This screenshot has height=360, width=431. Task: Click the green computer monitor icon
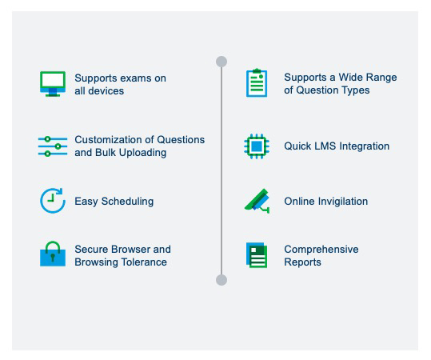[53, 84]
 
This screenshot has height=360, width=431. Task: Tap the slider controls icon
[53, 146]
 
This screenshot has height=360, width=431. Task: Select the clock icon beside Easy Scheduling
[53, 201]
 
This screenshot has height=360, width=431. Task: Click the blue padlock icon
[53, 254]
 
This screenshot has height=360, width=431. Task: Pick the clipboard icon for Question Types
[257, 82]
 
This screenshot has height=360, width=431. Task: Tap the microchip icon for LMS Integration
[257, 146]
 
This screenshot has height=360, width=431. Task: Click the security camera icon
[257, 201]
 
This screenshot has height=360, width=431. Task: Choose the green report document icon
[257, 255]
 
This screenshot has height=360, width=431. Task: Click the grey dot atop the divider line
[221, 62]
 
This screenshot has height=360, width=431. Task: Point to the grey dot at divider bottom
[221, 280]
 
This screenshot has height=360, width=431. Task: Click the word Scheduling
[128, 202]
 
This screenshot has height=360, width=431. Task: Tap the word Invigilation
[343, 202]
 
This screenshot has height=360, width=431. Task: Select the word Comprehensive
[321, 250]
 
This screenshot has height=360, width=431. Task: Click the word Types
[356, 90]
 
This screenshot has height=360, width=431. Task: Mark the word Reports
[302, 262]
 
